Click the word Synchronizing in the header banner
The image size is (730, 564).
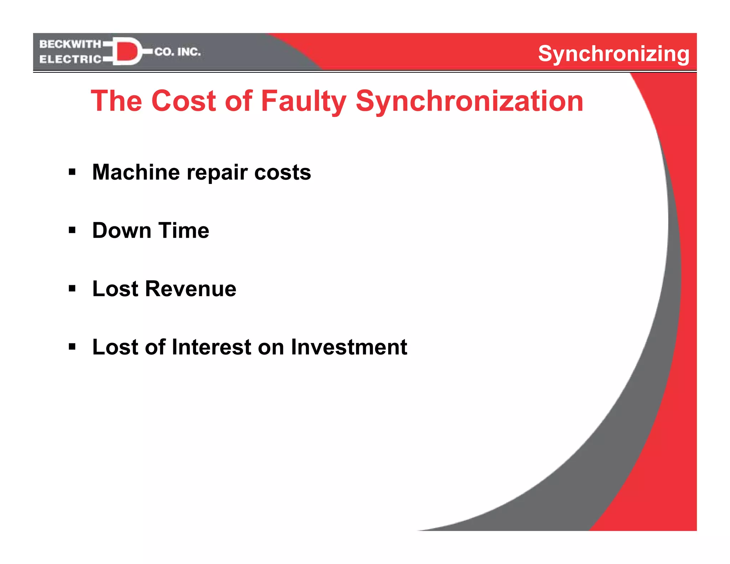(613, 54)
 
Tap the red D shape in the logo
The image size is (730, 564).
(126, 51)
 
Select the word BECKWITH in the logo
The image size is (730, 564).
(70, 44)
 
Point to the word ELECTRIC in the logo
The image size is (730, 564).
(70, 59)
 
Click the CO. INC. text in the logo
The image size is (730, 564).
(178, 52)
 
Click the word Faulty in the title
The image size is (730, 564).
(303, 101)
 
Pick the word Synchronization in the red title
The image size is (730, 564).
(469, 101)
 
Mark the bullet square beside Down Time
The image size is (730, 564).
(72, 231)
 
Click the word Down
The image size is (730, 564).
(122, 231)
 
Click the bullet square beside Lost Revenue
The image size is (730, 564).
(72, 289)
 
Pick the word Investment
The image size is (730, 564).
(349, 347)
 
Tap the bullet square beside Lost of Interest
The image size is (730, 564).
(72, 347)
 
